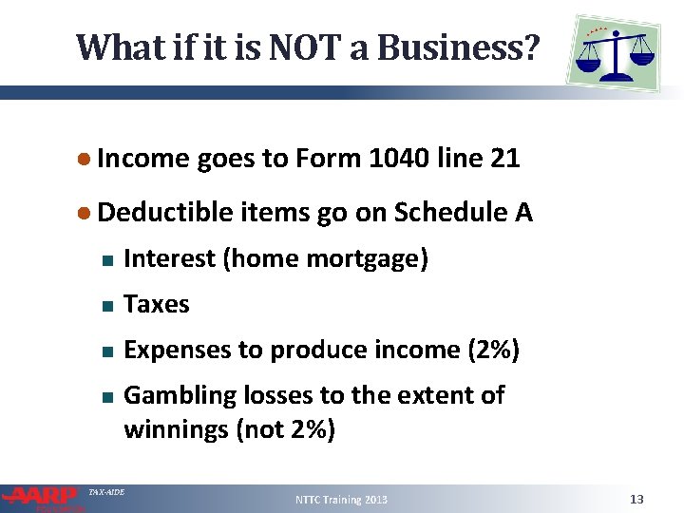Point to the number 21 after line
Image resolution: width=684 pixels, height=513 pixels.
tap(505, 159)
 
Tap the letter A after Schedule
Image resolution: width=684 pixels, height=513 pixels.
tap(523, 214)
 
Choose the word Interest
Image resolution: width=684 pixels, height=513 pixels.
tap(168, 258)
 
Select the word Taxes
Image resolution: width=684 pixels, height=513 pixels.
tap(157, 304)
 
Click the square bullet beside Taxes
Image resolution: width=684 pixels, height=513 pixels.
tap(107, 306)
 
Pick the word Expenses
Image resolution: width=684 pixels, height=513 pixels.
tap(173, 350)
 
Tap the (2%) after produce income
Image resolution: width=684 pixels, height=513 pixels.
tap(494, 350)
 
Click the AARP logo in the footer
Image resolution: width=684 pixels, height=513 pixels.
tap(43, 496)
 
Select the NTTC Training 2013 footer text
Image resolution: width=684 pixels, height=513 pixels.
tap(341, 499)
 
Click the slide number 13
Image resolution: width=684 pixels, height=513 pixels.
tap(636, 499)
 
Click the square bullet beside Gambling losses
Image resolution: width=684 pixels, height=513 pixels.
tap(107, 396)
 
